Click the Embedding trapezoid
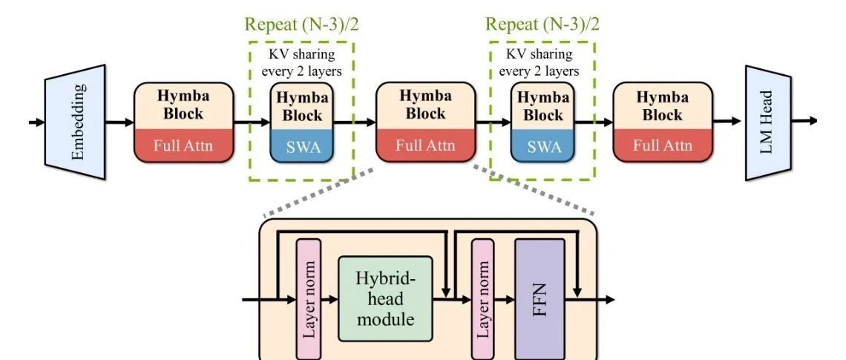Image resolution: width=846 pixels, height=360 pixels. pyautogui.click(x=76, y=122)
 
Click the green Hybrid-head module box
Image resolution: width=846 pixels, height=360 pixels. pyautogui.click(x=384, y=299)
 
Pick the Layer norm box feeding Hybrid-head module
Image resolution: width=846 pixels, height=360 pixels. pyautogui.click(x=306, y=299)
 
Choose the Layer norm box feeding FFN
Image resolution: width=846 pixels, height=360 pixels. pyautogui.click(x=482, y=299)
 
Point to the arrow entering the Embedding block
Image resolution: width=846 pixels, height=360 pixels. pyautogui.click(x=36, y=122)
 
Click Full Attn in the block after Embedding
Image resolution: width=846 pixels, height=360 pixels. pyautogui.click(x=183, y=145)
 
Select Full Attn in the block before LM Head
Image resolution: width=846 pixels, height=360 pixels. pyautogui.click(x=662, y=145)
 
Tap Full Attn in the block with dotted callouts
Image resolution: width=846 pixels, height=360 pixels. pyautogui.click(x=424, y=145)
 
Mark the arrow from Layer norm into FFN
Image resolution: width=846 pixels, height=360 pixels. pyautogui.click(x=505, y=300)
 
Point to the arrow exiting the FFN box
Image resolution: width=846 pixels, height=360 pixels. pyautogui.click(x=590, y=300)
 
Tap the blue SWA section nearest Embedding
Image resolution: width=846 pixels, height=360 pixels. pyautogui.click(x=301, y=147)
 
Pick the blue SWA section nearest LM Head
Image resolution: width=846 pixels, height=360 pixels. pyautogui.click(x=542, y=147)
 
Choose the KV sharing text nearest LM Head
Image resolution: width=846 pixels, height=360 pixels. pyautogui.click(x=542, y=62)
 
